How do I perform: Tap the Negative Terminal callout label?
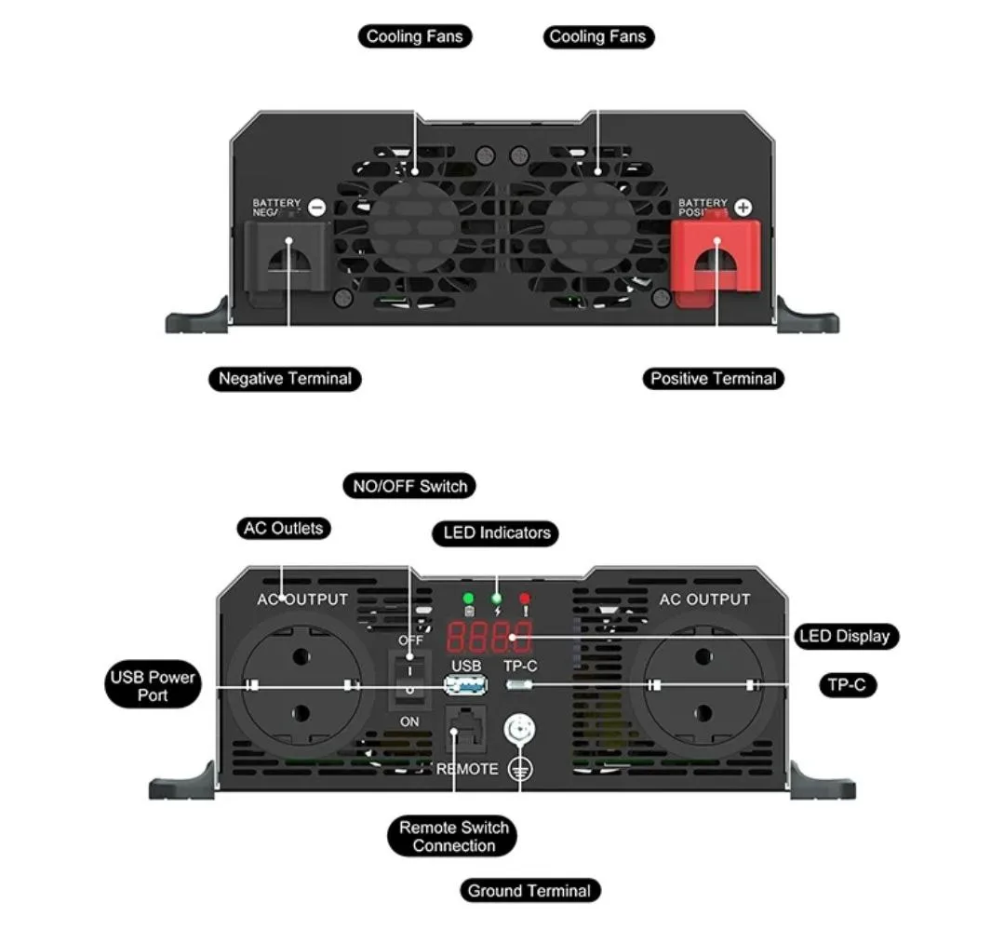(285, 379)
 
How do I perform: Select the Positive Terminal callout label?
(713, 379)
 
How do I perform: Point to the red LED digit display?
(489, 637)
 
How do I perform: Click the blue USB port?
(466, 686)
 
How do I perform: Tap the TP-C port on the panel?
(520, 686)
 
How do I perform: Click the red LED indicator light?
(525, 599)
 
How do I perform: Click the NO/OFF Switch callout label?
(409, 486)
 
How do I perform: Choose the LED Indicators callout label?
(495, 533)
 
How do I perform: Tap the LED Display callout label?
(844, 637)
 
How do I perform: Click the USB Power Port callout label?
(153, 686)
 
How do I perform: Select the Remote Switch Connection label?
(453, 837)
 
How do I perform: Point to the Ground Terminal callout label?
(529, 891)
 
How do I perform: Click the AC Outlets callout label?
(283, 529)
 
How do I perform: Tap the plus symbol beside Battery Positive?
(743, 208)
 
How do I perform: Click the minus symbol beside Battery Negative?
(316, 208)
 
